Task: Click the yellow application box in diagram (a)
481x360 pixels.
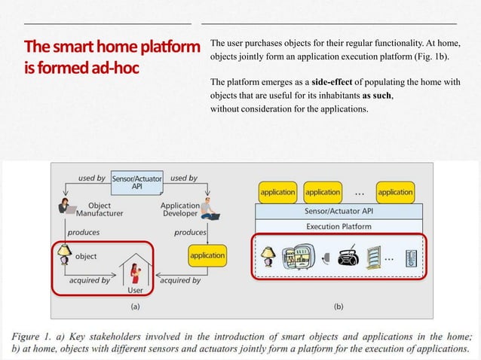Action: point(207,255)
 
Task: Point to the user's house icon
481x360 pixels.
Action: point(136,268)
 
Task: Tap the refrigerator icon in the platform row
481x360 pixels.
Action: point(298,257)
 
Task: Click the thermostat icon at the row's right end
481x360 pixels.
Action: point(412,258)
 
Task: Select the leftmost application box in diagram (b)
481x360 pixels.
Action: point(277,192)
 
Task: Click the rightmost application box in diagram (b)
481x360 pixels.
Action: point(395,192)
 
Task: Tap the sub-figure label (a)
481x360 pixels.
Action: point(135,307)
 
